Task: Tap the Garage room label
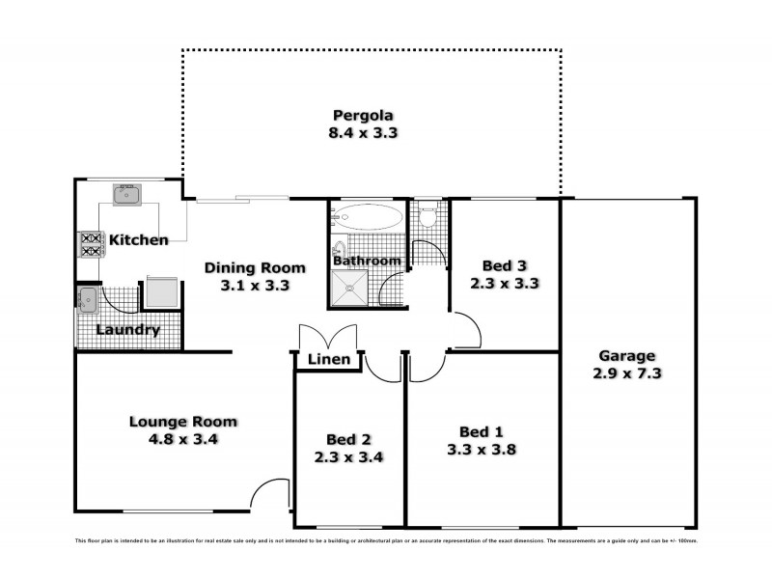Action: click(x=626, y=354)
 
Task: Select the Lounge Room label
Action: click(x=183, y=422)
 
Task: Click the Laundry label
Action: click(x=127, y=331)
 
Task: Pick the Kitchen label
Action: click(x=138, y=239)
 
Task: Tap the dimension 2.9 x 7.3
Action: click(x=626, y=372)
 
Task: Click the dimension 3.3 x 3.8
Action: click(x=481, y=449)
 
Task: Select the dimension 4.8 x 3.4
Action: click(x=183, y=439)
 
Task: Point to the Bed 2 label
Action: click(x=348, y=439)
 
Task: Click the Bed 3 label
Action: click(x=504, y=266)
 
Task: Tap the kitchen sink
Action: click(x=126, y=195)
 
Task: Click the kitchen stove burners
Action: click(x=91, y=244)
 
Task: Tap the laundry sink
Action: click(x=87, y=299)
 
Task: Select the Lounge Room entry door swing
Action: click(x=269, y=494)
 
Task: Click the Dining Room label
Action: click(x=256, y=267)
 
